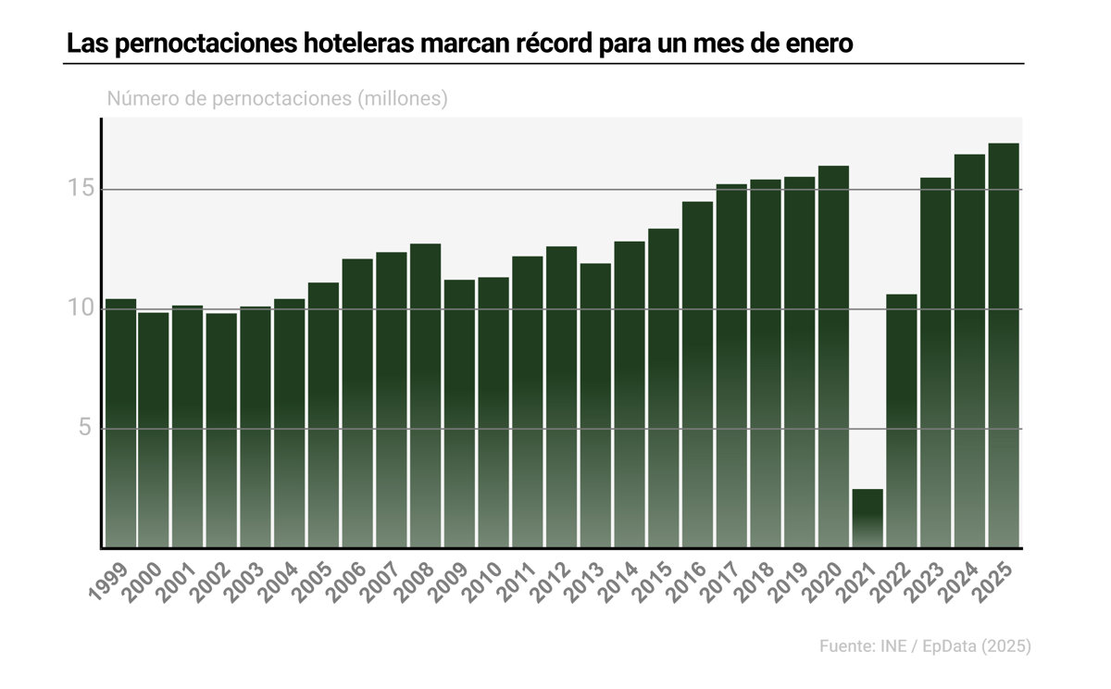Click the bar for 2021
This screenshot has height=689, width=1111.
coord(868,519)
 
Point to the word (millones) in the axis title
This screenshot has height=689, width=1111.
coord(402,99)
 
